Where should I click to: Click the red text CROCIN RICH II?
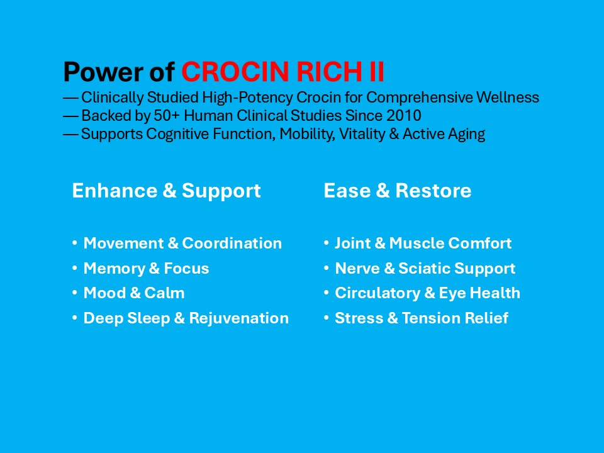(x=282, y=72)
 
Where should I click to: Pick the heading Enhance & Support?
(x=166, y=191)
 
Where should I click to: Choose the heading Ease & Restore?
(x=398, y=190)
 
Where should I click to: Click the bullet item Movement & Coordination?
(x=182, y=243)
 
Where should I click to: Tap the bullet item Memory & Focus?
(x=147, y=269)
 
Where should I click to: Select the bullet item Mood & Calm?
(x=134, y=293)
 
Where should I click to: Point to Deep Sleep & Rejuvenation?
(x=186, y=318)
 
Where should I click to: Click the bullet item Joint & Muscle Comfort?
(x=423, y=243)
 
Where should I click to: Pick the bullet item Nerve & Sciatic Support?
(x=425, y=269)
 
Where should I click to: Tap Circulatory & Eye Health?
(x=428, y=293)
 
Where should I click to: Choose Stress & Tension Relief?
(x=422, y=318)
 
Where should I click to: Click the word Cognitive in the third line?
(x=178, y=134)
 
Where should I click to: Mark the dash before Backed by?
(x=71, y=116)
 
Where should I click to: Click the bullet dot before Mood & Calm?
(x=75, y=293)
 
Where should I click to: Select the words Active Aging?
(x=444, y=134)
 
